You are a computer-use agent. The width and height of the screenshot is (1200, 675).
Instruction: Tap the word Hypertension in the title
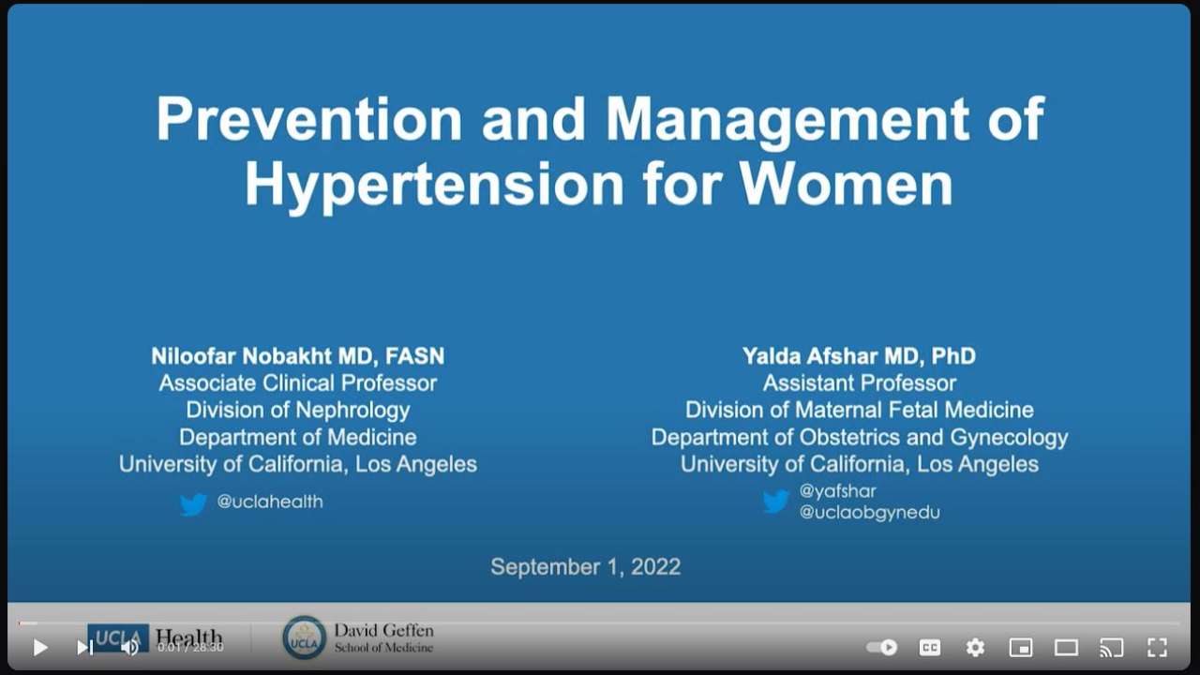click(x=434, y=185)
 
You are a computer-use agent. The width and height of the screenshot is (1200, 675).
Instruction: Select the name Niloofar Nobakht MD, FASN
click(x=298, y=356)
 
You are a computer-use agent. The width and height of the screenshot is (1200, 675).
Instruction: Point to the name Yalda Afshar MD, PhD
click(x=859, y=356)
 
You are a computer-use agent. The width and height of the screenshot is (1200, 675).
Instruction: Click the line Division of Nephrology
click(x=298, y=410)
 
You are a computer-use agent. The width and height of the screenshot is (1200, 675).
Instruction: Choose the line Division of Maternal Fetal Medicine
click(x=859, y=410)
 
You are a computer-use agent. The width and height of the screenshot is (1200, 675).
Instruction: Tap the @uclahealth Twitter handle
click(x=270, y=502)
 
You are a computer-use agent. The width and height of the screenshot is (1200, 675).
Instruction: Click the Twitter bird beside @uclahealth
click(x=193, y=504)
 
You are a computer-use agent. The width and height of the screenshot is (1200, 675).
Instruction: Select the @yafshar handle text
click(x=837, y=490)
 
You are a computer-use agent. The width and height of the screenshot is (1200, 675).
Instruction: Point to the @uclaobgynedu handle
click(x=869, y=513)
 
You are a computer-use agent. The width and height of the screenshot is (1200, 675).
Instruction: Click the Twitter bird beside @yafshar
click(x=776, y=502)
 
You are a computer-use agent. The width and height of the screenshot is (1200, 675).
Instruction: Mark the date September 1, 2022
click(x=586, y=567)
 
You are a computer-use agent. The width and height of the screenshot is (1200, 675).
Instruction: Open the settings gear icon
click(x=975, y=647)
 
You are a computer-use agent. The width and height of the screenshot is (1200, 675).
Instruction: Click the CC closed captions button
click(x=929, y=647)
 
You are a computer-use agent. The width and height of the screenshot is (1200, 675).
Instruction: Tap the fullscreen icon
click(x=1157, y=647)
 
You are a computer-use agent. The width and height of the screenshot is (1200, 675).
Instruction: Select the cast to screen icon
click(x=1111, y=647)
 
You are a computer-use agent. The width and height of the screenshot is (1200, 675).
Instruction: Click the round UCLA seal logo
click(x=304, y=637)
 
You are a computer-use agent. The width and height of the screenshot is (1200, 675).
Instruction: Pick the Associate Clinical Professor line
click(x=298, y=382)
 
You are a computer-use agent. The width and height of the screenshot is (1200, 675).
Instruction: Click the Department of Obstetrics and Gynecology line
click(x=859, y=437)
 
